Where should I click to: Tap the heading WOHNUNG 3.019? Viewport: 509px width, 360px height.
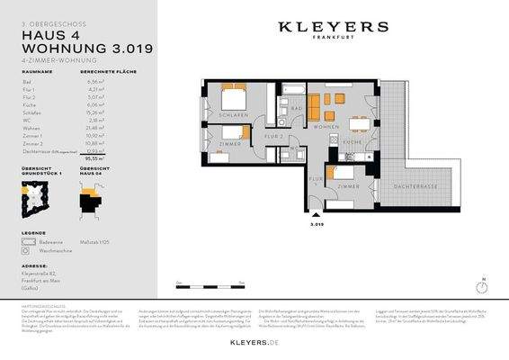pos(76,47)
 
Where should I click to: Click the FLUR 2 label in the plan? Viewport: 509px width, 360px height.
pos(274,136)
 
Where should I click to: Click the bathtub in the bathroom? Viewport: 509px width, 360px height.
pos(293,88)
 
